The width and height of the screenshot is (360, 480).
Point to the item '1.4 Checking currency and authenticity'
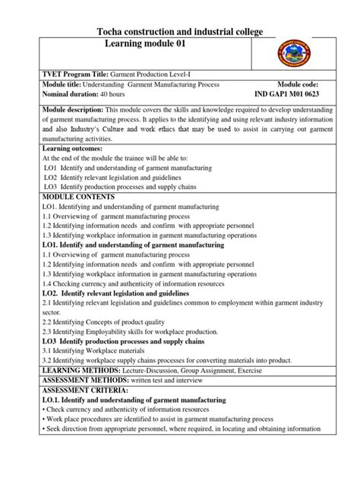(x=125, y=283)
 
